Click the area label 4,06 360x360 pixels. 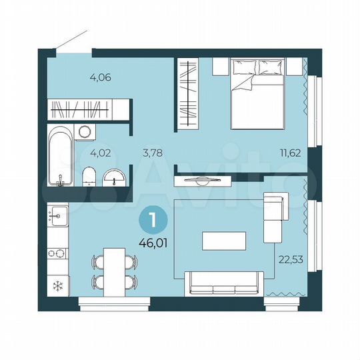pyautogui.click(x=100, y=77)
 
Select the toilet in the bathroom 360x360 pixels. pyautogui.click(x=88, y=178)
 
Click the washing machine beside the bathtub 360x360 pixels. pyautogui.click(x=83, y=131)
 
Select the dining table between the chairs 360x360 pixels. pyautogui.click(x=114, y=271)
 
